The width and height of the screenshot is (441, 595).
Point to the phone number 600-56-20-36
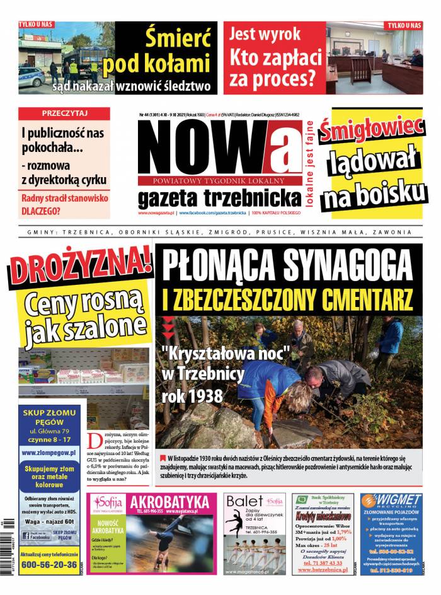(49, 564)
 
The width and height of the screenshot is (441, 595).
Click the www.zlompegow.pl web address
(49, 452)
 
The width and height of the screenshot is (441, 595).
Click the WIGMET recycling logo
(391, 501)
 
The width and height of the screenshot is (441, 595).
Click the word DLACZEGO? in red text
(45, 211)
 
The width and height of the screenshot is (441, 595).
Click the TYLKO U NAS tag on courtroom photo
(404, 25)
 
